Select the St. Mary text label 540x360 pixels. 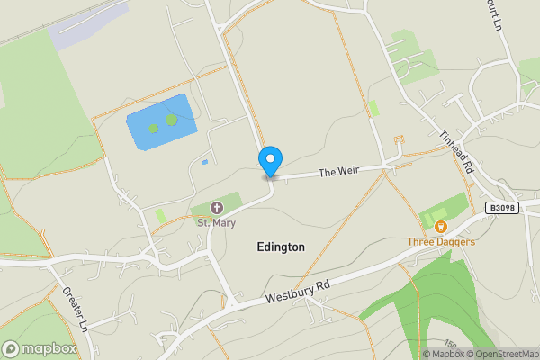pos(215,223)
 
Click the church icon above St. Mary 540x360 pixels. pos(216,209)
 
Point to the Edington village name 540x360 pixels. pos(281,247)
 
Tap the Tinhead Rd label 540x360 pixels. pos(456,149)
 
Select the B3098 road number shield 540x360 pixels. pos(504,208)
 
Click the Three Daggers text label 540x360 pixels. pos(441,241)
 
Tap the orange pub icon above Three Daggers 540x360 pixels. pos(441,227)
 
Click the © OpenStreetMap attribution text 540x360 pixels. pos(501,354)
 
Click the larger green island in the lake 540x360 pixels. pos(171,120)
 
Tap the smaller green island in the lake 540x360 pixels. pos(153,128)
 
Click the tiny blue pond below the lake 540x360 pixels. pos(205,163)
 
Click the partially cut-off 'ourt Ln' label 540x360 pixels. pos(494,15)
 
